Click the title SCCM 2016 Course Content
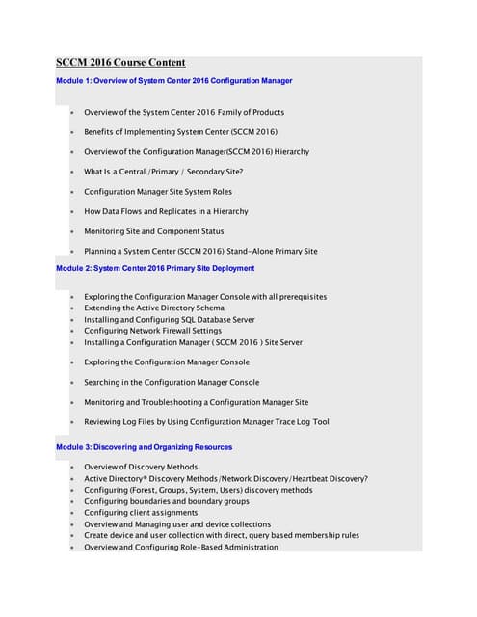[120, 63]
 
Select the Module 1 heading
[173, 80]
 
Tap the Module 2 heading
[155, 268]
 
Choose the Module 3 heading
[144, 447]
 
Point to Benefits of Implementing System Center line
[183, 132]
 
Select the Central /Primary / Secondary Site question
[163, 172]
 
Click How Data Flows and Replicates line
[166, 211]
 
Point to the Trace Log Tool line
[206, 421]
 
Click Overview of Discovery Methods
[141, 467]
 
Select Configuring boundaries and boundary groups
[167, 501]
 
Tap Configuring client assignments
[141, 513]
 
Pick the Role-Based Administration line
[181, 547]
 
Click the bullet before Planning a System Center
[71, 252]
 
